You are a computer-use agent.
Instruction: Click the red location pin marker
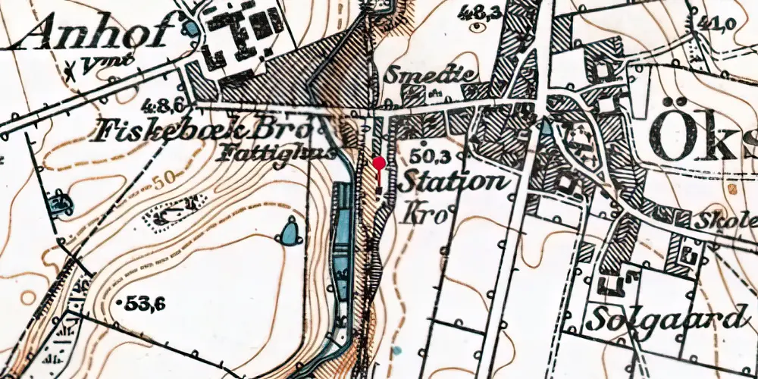(379, 163)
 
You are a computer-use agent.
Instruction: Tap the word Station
(452, 183)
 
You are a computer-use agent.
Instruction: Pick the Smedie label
(431, 74)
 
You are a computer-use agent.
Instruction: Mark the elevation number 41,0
(719, 23)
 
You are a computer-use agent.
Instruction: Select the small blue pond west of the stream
(289, 232)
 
